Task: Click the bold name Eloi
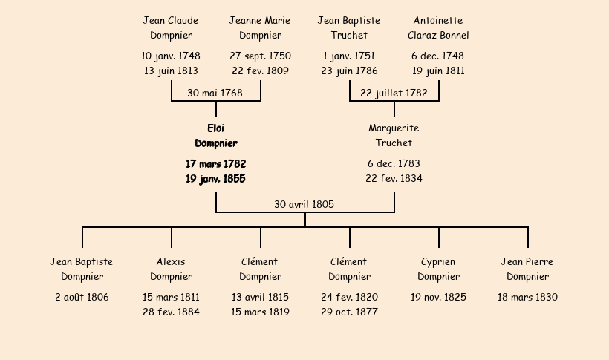point(216,128)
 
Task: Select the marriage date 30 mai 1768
point(215,94)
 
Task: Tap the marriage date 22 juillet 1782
point(394,94)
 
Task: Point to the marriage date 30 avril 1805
point(304,204)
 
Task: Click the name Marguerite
point(394,128)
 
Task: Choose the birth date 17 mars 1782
point(216,164)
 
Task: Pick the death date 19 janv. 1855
point(215,179)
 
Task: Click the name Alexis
point(171,262)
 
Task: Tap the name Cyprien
point(438,262)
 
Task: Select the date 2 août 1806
point(82,298)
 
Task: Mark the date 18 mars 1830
point(527,298)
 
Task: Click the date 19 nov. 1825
point(438,298)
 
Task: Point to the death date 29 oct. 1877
point(349,312)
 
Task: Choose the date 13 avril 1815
point(260,298)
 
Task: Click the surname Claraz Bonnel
point(438,36)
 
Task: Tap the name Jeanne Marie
point(260,21)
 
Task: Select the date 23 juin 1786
point(349,71)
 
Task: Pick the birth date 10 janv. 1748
point(171,56)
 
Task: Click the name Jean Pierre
point(527,262)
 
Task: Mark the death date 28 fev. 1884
point(171,312)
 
